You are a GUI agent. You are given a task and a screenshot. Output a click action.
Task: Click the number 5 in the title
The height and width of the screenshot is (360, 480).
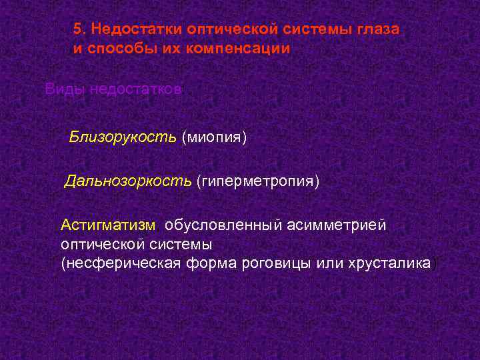[x=77, y=30]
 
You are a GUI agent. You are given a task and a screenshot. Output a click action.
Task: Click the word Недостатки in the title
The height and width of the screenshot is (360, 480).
[x=136, y=30]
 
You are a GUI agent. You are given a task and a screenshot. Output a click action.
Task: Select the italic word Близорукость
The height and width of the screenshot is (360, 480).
[x=123, y=137]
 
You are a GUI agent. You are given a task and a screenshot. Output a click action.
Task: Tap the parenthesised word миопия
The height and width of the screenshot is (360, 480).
[x=214, y=137]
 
